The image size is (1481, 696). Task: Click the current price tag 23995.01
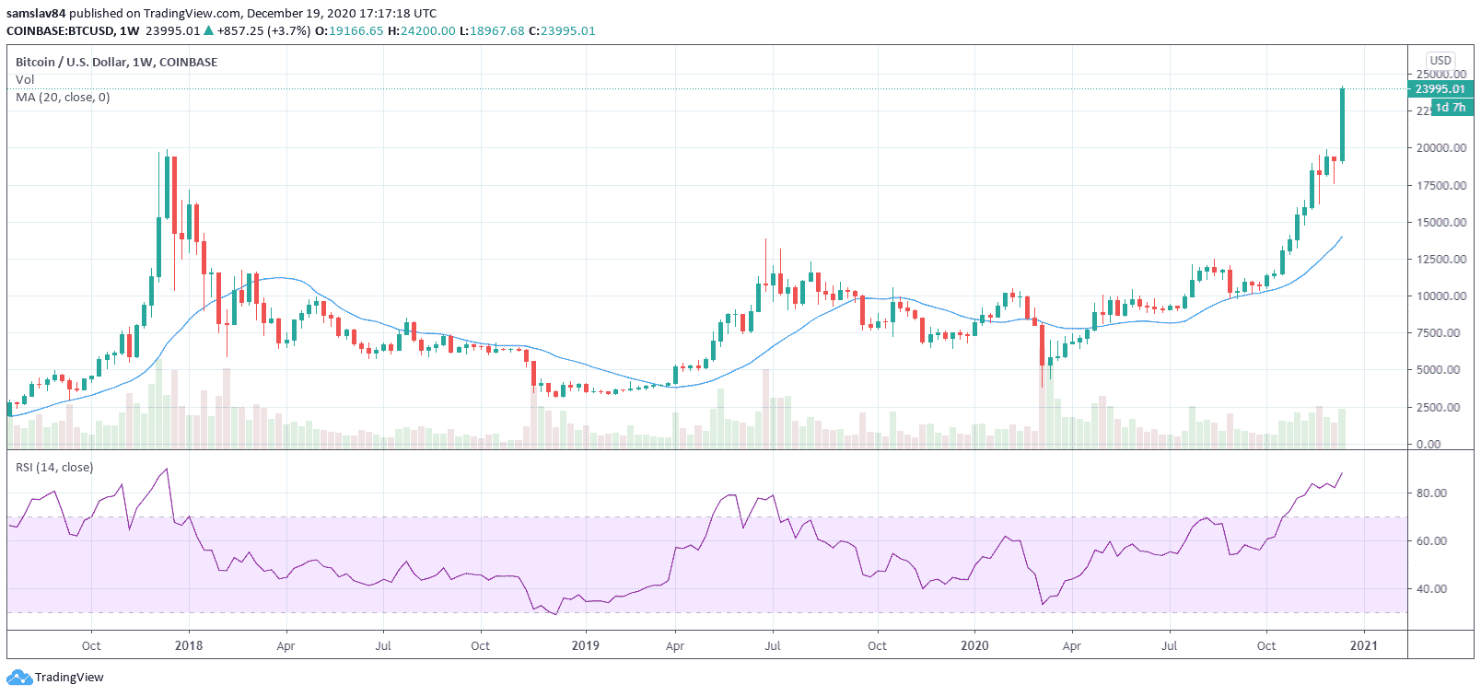(1440, 89)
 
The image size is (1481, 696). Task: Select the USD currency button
(1440, 60)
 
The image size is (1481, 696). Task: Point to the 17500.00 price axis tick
(1441, 185)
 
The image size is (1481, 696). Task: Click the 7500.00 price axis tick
(1438, 333)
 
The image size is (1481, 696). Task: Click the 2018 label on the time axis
(189, 645)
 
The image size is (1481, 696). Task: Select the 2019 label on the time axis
(586, 645)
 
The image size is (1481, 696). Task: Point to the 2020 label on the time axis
(974, 645)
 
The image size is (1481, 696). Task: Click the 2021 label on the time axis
(1363, 645)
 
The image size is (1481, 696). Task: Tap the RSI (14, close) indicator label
(54, 468)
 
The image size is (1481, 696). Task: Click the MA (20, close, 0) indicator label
(63, 98)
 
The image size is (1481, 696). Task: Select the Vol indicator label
(25, 80)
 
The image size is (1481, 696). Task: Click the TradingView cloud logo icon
(19, 678)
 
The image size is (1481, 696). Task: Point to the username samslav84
(36, 14)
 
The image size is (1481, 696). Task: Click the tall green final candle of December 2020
(1343, 124)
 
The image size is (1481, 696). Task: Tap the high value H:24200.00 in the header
(422, 31)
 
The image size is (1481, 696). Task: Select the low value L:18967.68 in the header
(492, 31)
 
